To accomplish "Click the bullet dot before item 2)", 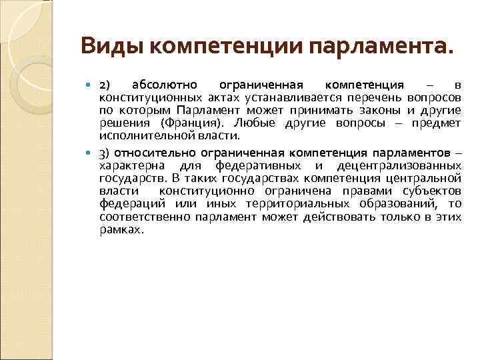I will tap(91, 85).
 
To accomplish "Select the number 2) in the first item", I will tap(106, 85).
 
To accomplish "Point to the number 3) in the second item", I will tap(105, 152).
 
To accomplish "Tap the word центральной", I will tap(426, 178).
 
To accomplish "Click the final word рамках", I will tap(120, 229).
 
